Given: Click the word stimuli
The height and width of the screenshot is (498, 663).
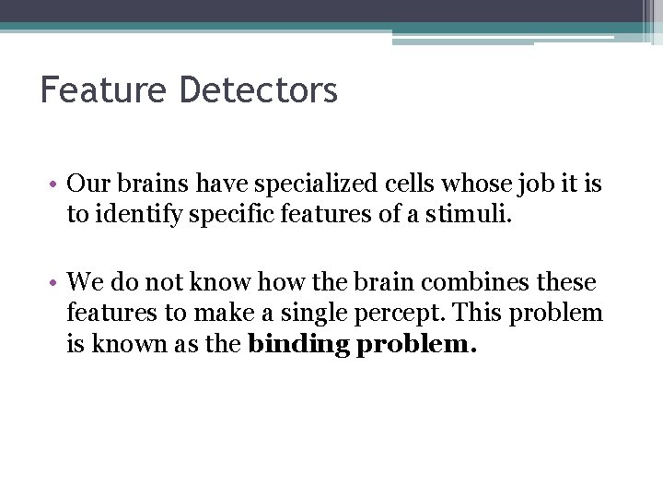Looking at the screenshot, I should coord(465,215).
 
